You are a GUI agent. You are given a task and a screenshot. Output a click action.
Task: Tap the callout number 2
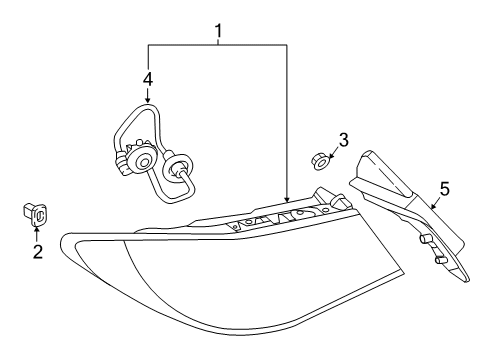pyautogui.click(x=38, y=251)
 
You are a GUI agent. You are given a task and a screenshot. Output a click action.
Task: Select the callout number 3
pyautogui.click(x=343, y=140)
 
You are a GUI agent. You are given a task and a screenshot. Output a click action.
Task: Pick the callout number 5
pyautogui.click(x=444, y=188)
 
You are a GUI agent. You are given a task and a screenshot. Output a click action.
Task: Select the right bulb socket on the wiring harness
pyautogui.click(x=180, y=172)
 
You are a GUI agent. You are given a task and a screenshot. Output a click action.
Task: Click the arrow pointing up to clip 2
pyautogui.click(x=37, y=232)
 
